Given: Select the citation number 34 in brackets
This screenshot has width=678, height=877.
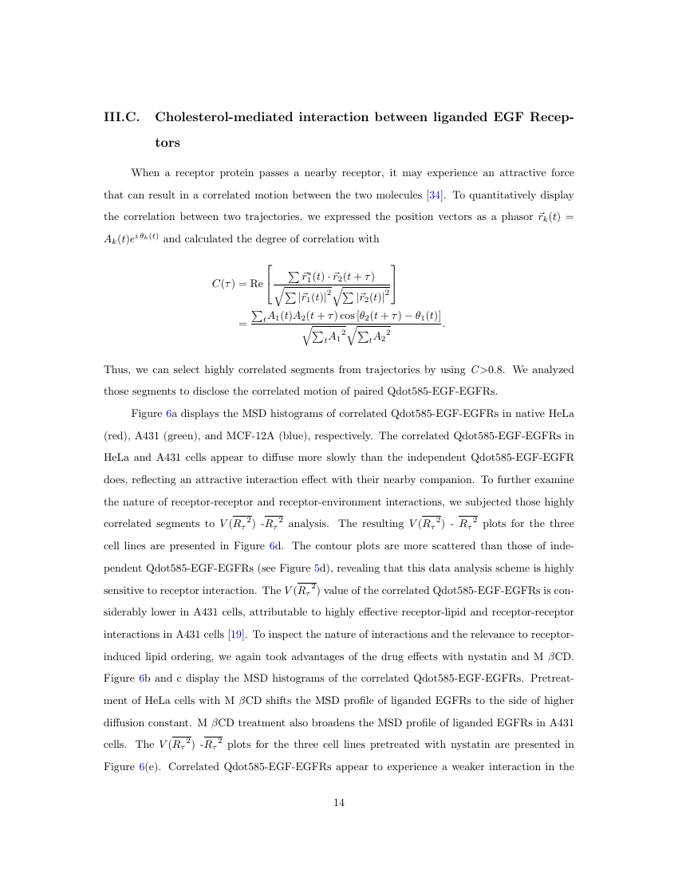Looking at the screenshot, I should pyautogui.click(x=436, y=195).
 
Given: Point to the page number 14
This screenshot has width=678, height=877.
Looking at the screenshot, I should pyautogui.click(x=338, y=803).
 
